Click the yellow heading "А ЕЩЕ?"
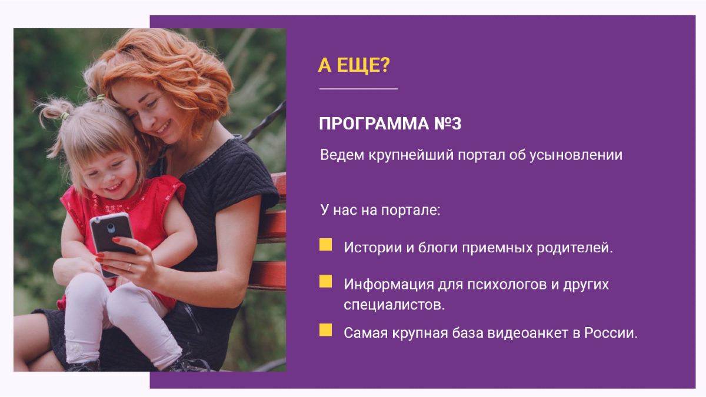click(354, 65)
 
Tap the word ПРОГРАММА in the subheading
click(374, 124)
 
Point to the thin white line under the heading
click(358, 89)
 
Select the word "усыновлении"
click(576, 155)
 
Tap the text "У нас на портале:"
click(380, 210)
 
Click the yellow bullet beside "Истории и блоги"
click(325, 245)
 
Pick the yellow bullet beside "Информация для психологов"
click(325, 281)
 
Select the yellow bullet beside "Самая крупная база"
click(325, 330)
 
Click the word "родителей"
click(575, 248)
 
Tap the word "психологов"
click(507, 285)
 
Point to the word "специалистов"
click(394, 305)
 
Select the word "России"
click(611, 333)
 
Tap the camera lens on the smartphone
click(111, 228)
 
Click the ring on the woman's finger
click(129, 267)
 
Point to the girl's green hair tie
click(65, 116)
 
